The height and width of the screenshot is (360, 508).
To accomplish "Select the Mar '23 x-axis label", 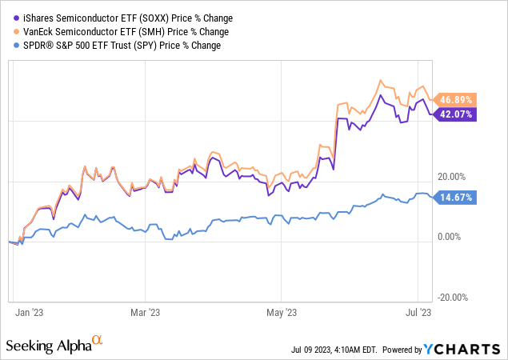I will click(145, 313).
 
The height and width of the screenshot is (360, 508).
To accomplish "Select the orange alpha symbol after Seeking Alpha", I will click(98, 341).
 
